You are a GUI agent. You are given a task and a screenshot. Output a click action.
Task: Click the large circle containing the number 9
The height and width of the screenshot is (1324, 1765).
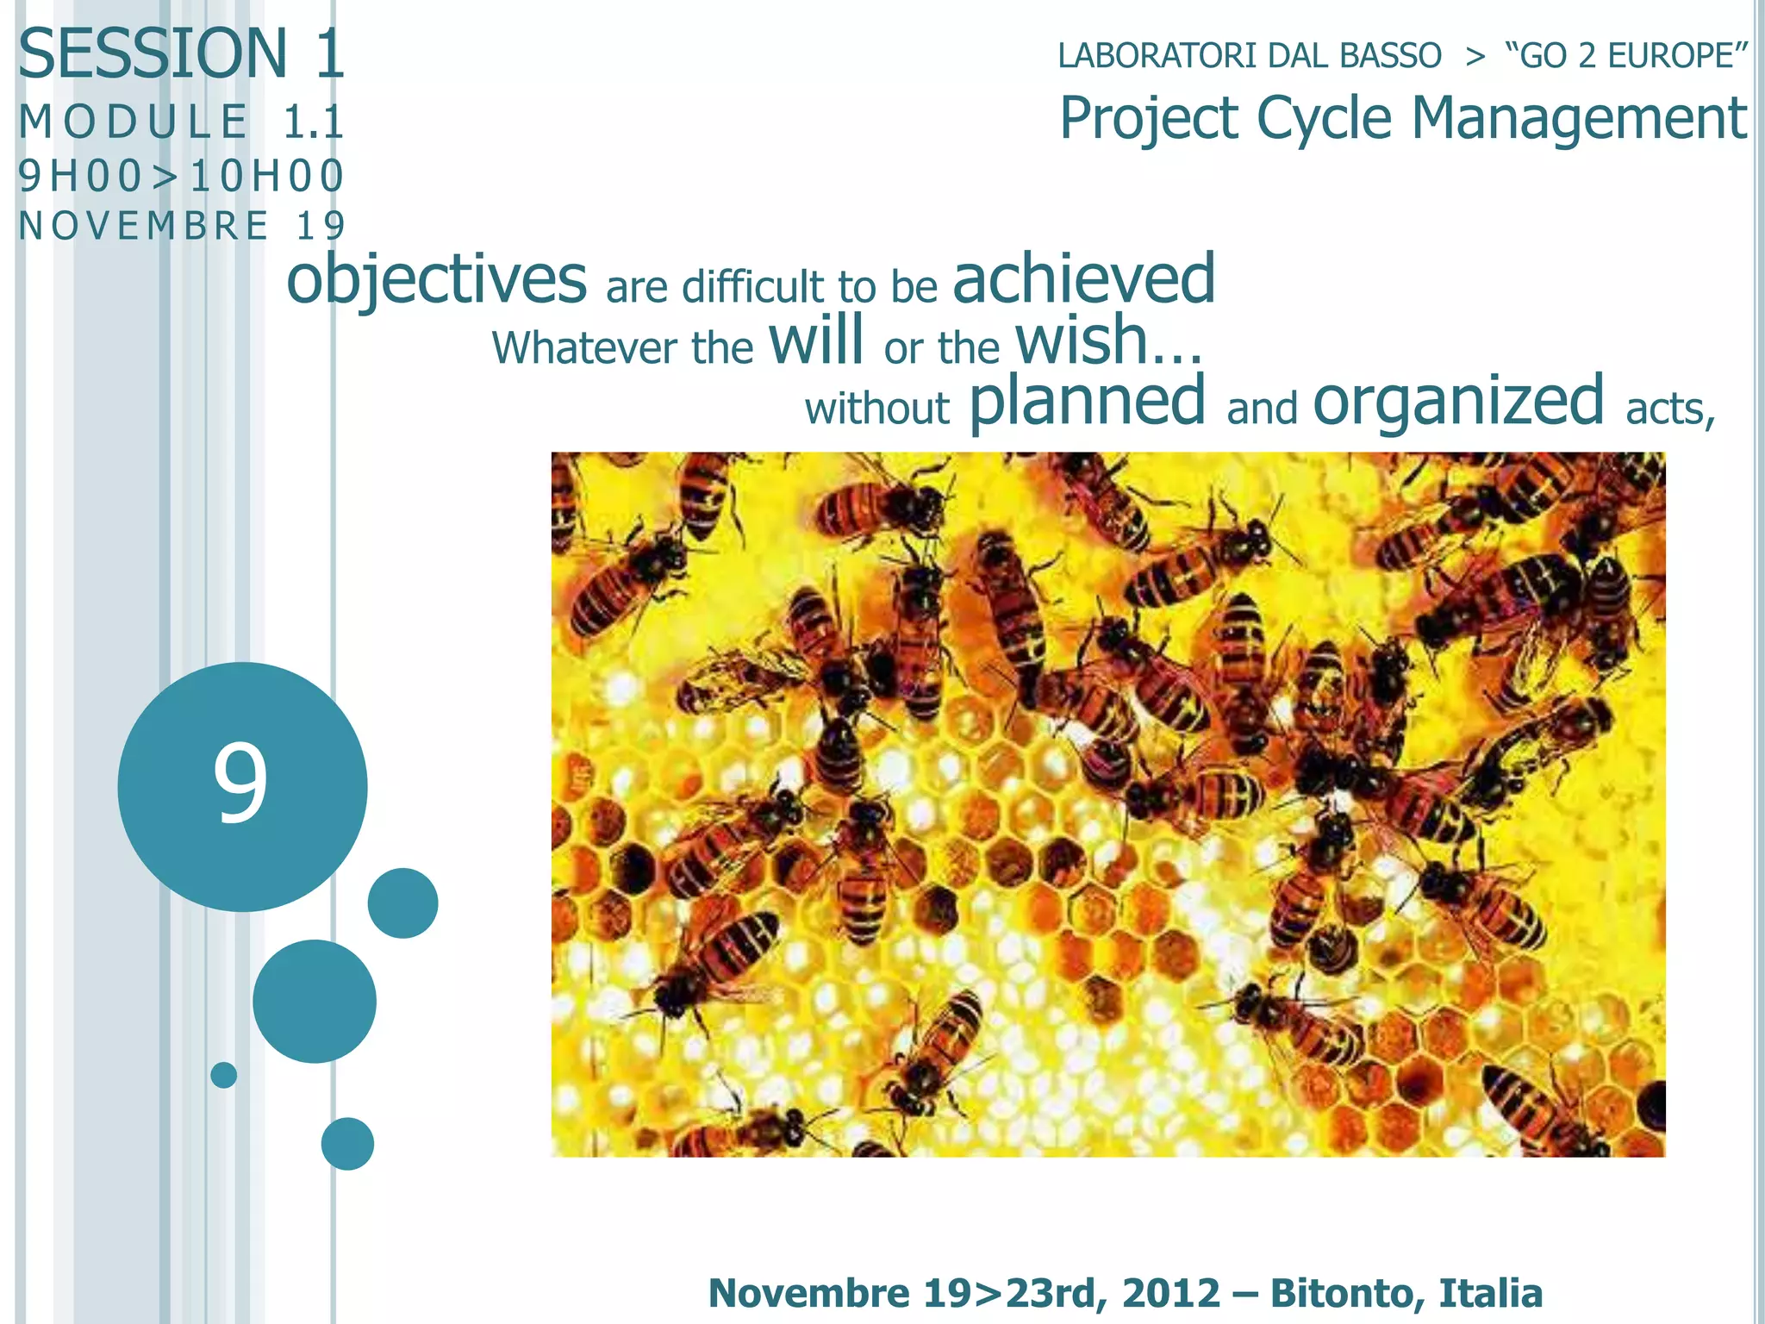(x=242, y=786)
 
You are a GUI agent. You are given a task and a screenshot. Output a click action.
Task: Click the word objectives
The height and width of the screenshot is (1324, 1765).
(x=436, y=280)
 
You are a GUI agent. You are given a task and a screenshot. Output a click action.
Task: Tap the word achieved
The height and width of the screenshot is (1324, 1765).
(x=1083, y=280)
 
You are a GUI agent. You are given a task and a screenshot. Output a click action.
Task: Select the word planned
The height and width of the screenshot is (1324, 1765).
(x=1087, y=403)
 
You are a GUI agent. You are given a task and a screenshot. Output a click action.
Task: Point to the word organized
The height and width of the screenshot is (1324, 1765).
(x=1457, y=403)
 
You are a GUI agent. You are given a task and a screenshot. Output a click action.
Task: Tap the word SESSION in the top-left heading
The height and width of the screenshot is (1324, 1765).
(x=153, y=53)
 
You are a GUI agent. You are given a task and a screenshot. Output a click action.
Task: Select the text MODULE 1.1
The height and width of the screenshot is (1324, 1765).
(x=181, y=122)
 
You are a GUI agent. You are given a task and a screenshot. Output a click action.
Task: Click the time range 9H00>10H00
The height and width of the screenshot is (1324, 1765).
(x=181, y=176)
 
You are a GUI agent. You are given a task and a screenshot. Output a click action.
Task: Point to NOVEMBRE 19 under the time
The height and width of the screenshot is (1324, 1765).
(x=181, y=227)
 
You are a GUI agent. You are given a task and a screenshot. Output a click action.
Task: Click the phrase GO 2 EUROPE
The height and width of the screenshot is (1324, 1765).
(x=1625, y=56)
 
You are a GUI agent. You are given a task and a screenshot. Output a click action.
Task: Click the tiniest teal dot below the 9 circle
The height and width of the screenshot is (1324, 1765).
(x=224, y=1075)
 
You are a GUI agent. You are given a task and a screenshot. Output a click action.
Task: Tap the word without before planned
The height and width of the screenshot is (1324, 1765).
(x=876, y=409)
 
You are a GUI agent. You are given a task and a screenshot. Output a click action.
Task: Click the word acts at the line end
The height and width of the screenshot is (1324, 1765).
(x=1669, y=409)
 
